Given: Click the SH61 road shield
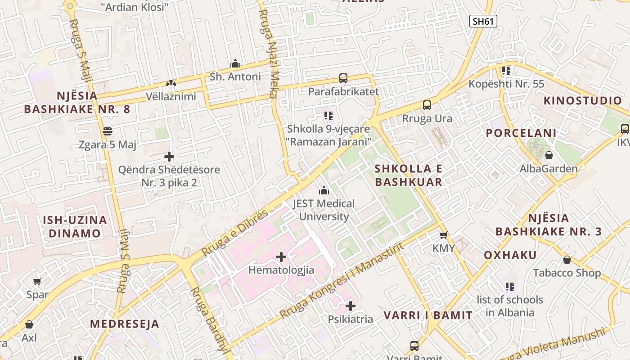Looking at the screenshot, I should tap(483, 21).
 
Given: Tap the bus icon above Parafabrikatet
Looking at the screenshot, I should tap(343, 78).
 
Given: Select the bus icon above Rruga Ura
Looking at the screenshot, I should tap(427, 106).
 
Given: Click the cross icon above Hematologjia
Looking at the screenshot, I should tap(281, 257).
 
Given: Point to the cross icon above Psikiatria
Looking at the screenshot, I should tap(350, 306).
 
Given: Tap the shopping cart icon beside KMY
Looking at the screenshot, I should tap(443, 235).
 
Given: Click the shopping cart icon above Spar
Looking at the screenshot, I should tap(37, 282).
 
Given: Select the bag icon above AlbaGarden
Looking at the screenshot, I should tap(549, 156).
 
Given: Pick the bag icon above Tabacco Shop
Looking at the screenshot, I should tap(567, 260).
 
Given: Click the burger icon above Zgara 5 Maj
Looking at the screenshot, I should tap(107, 131).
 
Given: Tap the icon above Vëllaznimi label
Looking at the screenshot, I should tap(171, 83).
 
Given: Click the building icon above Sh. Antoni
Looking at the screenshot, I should tap(235, 63).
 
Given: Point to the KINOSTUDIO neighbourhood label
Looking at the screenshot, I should tap(582, 100).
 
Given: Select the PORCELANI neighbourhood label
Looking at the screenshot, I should tap(521, 133).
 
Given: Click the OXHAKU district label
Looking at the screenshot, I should tap(510, 255).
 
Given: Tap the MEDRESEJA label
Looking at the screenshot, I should tap(124, 324).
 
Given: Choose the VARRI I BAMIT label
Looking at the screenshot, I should tap(428, 315).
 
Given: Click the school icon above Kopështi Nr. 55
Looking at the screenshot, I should tap(506, 71).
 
